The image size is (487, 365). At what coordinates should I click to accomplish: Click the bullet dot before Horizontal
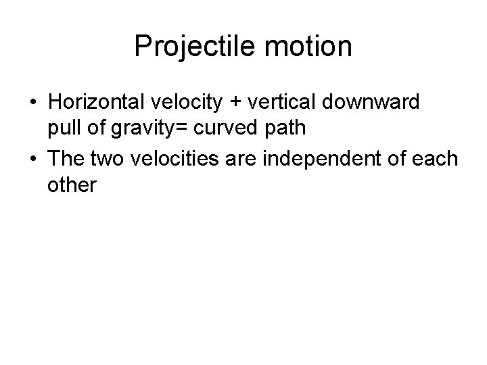click(x=33, y=103)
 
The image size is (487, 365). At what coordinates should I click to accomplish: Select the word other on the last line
click(x=72, y=185)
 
